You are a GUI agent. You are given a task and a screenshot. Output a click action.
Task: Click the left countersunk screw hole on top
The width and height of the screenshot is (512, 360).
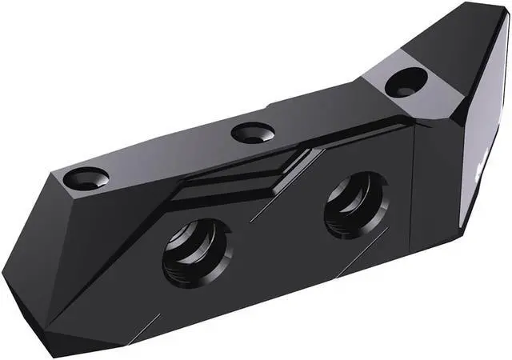click(86, 178)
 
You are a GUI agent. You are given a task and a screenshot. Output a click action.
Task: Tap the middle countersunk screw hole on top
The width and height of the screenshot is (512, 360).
click(253, 132)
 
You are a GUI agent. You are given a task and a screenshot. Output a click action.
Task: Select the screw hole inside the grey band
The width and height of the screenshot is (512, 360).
click(406, 81)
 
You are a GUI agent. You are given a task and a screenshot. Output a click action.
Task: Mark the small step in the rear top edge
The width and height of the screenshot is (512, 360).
click(269, 104)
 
